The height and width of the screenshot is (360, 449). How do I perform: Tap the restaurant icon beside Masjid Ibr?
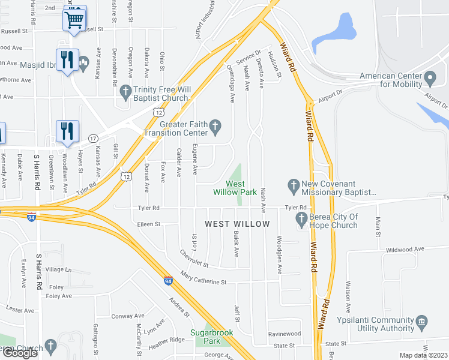67,60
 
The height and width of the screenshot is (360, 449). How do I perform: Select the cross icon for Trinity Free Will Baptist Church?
125,92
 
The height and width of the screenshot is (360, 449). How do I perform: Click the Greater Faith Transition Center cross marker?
216,126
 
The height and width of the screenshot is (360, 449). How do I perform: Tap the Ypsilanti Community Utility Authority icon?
421,323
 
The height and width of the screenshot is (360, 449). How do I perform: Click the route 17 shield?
93,138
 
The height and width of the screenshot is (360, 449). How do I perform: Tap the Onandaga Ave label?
231,84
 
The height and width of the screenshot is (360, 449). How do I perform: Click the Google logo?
20,353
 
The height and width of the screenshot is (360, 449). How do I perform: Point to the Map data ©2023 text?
423,355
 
